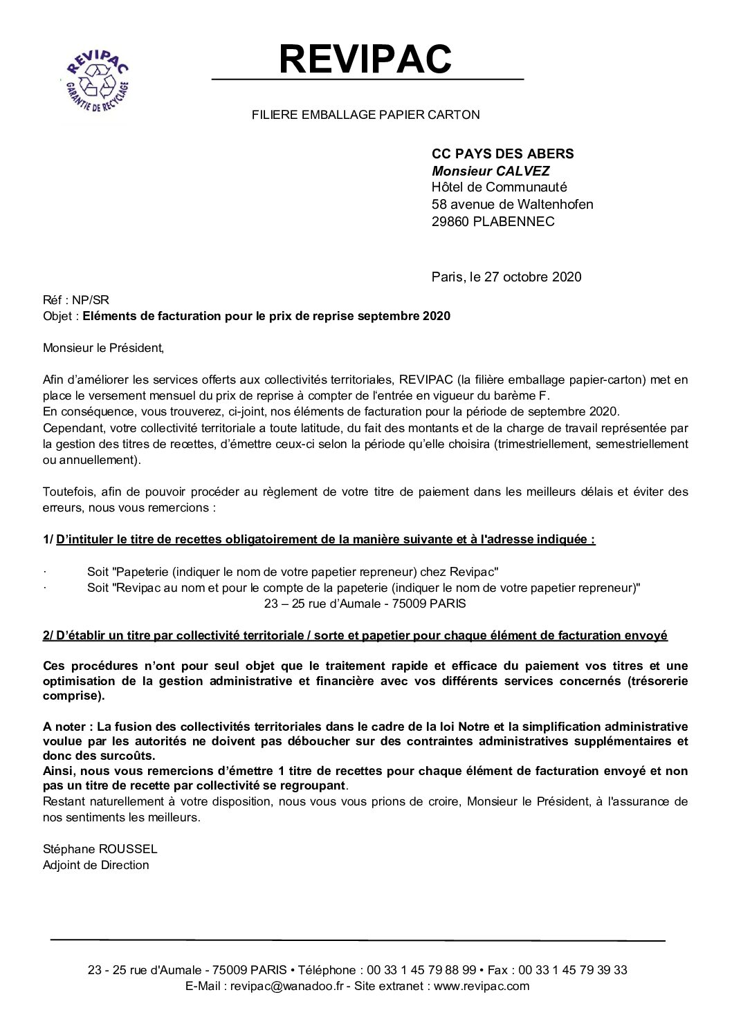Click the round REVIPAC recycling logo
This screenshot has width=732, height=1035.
tap(97, 78)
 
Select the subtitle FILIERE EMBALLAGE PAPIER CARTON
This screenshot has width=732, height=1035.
tap(365, 115)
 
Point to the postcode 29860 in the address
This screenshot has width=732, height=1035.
tap(450, 221)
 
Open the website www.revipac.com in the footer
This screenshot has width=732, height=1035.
tap(482, 987)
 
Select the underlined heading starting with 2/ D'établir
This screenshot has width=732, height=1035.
tap(355, 635)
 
